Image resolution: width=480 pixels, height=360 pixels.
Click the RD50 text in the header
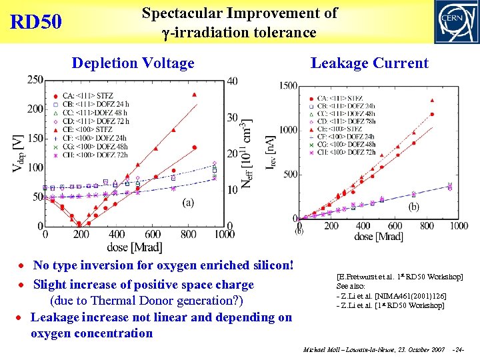coord(36,22)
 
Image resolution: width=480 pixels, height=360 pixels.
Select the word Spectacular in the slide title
coord(176,13)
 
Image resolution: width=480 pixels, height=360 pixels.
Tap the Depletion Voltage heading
coord(133,63)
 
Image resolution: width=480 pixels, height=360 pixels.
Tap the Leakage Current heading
coord(369,63)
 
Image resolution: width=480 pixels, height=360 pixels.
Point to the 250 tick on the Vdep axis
coord(35,80)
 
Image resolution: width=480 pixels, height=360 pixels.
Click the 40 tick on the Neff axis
coord(231,81)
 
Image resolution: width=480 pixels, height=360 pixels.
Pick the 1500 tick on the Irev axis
coord(289,86)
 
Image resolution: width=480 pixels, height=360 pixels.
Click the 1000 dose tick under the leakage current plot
coord(459,226)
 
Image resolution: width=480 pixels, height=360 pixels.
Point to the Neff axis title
coord(249,153)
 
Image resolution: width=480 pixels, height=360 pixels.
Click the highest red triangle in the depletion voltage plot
coord(194,95)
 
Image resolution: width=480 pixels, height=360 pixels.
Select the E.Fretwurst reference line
coord(399,276)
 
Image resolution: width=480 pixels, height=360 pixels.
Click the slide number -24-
coord(458,350)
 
